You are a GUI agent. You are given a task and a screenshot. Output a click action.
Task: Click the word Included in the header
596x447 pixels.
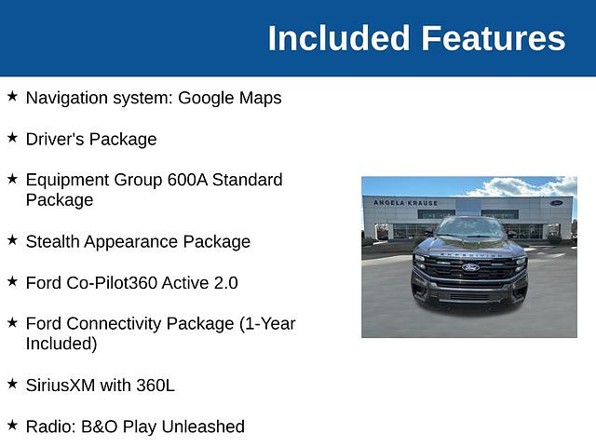coord(339,38)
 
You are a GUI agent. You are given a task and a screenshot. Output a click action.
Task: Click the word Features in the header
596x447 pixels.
coord(494,38)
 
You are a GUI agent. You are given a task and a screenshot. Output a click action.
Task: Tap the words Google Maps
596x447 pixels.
coord(230,99)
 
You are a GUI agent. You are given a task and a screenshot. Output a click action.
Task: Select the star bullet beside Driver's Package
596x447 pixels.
coord(12,138)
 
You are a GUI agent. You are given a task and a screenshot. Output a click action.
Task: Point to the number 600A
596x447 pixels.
coord(187,180)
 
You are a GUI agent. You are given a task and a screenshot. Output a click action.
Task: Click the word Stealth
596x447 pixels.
coord(52,242)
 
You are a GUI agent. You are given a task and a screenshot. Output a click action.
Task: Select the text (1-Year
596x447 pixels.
coord(267,324)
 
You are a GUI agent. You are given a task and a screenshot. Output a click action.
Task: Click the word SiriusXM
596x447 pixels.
coord(61,386)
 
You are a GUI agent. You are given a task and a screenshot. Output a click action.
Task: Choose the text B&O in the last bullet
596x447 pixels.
coord(100,427)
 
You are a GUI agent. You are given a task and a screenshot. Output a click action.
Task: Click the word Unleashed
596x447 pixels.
coord(203,427)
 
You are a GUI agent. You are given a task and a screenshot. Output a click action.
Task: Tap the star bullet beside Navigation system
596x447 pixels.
coord(12,96)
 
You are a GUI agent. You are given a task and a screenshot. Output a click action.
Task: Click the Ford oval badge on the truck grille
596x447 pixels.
coord(470,267)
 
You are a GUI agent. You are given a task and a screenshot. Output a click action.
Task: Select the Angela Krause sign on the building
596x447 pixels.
coord(406,203)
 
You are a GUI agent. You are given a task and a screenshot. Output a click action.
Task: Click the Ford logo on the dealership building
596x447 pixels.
coord(556,203)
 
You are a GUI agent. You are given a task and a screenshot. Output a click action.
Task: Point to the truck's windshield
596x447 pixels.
coord(470,227)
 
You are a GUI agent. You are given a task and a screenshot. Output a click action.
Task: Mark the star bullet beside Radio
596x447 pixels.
coord(12,425)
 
